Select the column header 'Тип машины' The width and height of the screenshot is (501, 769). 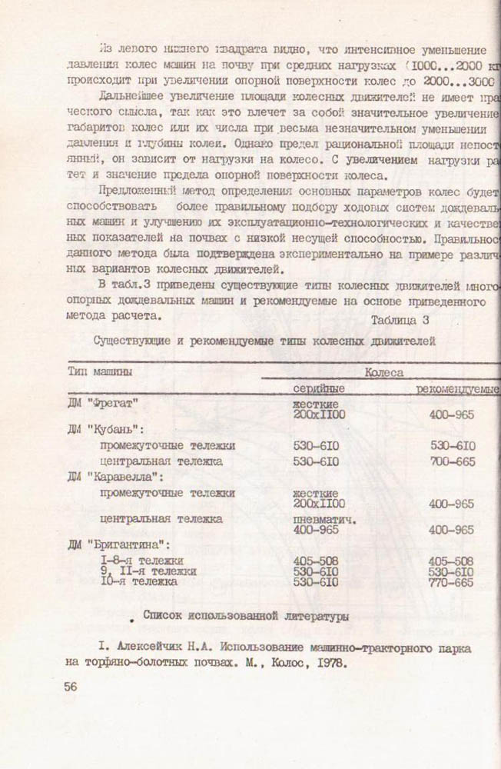99,371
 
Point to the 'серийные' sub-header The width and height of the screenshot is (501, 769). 318,389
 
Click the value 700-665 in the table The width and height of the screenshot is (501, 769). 452,461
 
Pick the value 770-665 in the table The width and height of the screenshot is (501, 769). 452,582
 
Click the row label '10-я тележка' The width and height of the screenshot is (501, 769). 139,582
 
